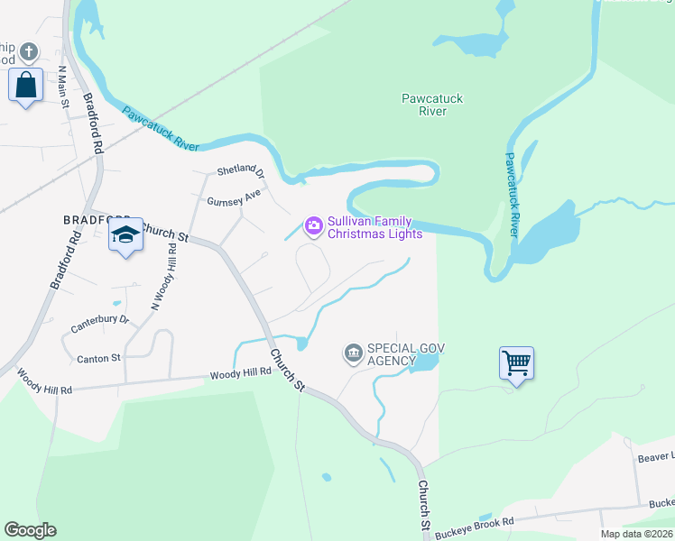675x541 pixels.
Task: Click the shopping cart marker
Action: (x=516, y=363)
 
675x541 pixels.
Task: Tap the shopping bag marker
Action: (x=26, y=86)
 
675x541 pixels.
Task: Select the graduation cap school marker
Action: (x=125, y=235)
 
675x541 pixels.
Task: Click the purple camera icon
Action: (x=313, y=225)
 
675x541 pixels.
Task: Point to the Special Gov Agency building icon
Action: (x=353, y=353)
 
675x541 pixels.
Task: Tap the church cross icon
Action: (x=29, y=50)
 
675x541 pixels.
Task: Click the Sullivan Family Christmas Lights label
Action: (x=374, y=227)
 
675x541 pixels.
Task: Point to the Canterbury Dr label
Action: (x=100, y=320)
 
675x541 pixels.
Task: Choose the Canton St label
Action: (x=98, y=358)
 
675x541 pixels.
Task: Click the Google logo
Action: (x=30, y=530)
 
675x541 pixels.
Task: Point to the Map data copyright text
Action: (x=636, y=534)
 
